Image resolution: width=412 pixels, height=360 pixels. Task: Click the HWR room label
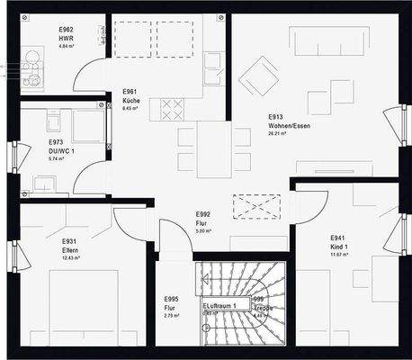[66, 40]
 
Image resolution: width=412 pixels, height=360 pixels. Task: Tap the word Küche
[131, 101]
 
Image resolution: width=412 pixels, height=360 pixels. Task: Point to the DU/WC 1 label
[62, 151]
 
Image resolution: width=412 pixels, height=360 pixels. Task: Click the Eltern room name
[70, 250]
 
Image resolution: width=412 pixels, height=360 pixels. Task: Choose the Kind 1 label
[340, 246]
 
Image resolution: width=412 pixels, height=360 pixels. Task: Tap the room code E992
[203, 214]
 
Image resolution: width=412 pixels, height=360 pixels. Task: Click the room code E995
[171, 299]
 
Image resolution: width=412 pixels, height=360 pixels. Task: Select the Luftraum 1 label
[219, 307]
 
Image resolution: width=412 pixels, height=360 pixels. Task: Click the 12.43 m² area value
[70, 258]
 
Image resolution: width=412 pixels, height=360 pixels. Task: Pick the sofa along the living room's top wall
[327, 41]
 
